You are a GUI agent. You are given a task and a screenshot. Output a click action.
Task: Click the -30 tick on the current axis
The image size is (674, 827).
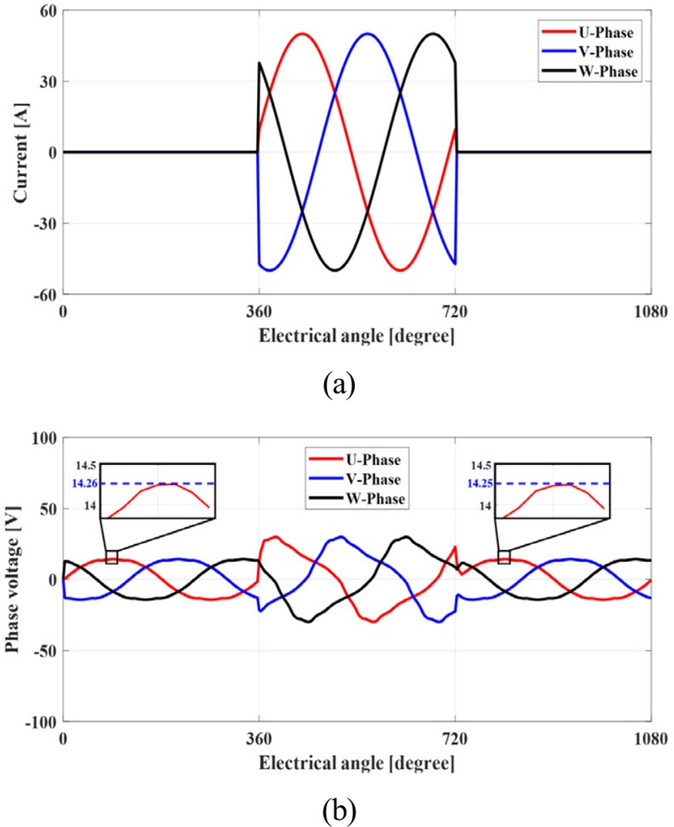(43, 224)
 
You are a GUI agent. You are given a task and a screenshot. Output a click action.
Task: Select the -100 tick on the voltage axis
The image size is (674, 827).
(40, 722)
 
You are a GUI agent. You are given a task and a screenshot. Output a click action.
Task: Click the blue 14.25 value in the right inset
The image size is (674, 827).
(478, 483)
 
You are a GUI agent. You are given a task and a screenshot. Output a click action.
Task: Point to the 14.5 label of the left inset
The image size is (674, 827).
(82, 465)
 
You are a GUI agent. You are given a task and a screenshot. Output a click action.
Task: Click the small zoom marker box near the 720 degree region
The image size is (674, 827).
(504, 557)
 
